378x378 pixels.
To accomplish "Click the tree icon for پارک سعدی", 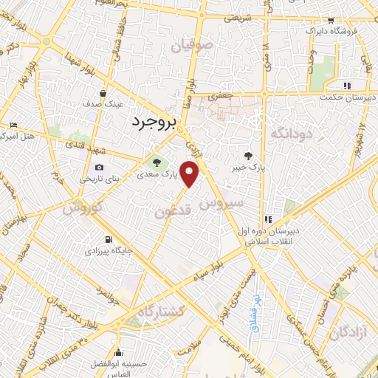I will pyautogui.click(x=156, y=162).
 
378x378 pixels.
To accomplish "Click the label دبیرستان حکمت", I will pyautogui.click(x=349, y=95).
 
